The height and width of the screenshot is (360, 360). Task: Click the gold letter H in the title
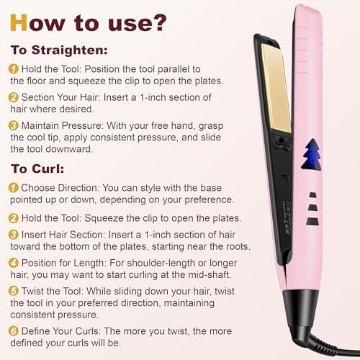click(x=19, y=23)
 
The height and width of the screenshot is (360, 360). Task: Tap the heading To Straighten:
click(x=58, y=51)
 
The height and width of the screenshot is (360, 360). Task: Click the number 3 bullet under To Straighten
click(x=13, y=127)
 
